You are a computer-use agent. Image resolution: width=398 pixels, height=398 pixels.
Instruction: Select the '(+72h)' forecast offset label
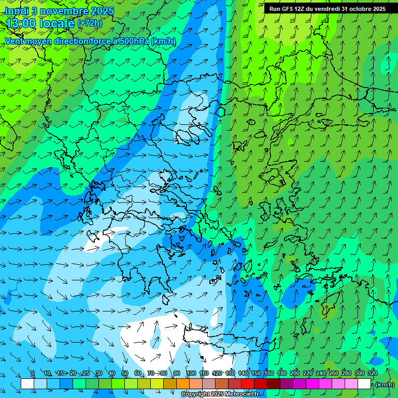point(90,23)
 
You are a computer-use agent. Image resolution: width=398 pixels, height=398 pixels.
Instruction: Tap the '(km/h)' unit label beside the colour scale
point(385,384)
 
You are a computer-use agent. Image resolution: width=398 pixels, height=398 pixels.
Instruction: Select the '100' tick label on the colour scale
point(191,373)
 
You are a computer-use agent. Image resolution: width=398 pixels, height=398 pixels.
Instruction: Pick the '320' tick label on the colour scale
point(373,373)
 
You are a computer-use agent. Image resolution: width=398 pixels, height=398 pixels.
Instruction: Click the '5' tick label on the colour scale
point(33,373)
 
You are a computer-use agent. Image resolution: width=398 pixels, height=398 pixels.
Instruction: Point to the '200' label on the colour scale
point(295,373)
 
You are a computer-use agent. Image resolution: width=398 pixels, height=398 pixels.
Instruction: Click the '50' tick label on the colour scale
point(125,373)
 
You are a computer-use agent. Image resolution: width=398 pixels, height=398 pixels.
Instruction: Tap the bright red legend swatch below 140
point(248,384)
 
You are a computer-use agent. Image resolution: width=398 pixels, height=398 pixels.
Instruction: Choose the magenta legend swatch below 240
point(325,384)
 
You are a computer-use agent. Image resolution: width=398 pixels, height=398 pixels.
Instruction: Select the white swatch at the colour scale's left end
point(27,384)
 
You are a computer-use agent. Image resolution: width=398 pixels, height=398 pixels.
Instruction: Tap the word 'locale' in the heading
point(56,23)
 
